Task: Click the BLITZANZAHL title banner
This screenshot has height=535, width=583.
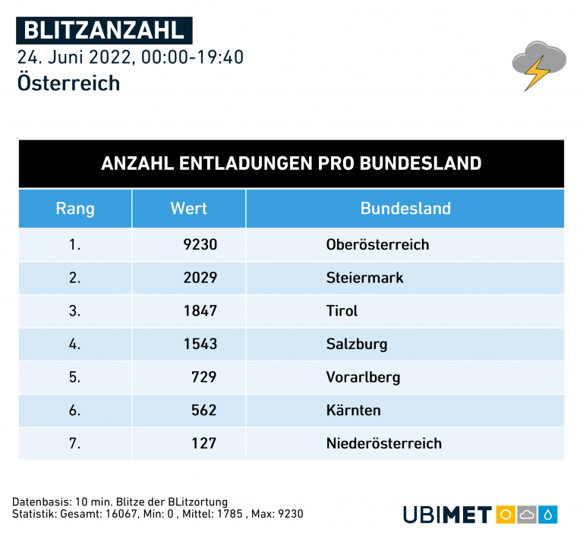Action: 104,30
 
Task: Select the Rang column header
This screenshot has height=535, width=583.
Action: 75,209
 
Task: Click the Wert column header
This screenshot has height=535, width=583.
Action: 189,209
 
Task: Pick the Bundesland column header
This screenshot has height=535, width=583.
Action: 405,209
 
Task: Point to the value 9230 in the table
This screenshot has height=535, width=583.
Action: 200,244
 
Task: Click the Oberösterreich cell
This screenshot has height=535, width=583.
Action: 377,244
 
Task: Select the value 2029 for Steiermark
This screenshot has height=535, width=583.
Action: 200,278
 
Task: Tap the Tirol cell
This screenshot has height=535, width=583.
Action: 342,311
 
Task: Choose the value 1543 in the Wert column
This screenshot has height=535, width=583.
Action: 200,344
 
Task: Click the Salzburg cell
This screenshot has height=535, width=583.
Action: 357,344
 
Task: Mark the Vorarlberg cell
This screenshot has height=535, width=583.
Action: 363,377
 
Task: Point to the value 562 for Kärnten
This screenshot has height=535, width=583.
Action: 204,411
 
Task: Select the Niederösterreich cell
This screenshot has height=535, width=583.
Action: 383,443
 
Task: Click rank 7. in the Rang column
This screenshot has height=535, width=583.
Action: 74,443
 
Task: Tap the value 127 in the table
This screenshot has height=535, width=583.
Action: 204,443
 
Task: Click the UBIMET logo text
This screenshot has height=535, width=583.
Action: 447,515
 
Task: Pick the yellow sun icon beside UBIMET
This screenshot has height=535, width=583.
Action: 505,515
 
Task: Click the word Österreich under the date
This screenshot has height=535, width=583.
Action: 68,82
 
